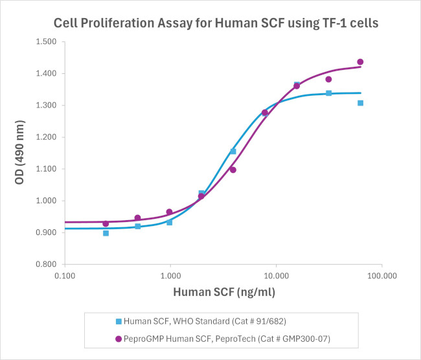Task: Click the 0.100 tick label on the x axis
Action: pos(65,274)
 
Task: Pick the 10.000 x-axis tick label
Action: pos(276,274)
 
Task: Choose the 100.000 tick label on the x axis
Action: pos(381,274)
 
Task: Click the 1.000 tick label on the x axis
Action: pos(170,274)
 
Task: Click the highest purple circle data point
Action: pos(360,62)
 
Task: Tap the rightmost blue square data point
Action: pos(360,103)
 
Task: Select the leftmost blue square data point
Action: pos(106,233)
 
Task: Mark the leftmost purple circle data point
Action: pos(106,223)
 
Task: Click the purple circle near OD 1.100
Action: pos(233,170)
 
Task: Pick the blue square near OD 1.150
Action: pos(233,152)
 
